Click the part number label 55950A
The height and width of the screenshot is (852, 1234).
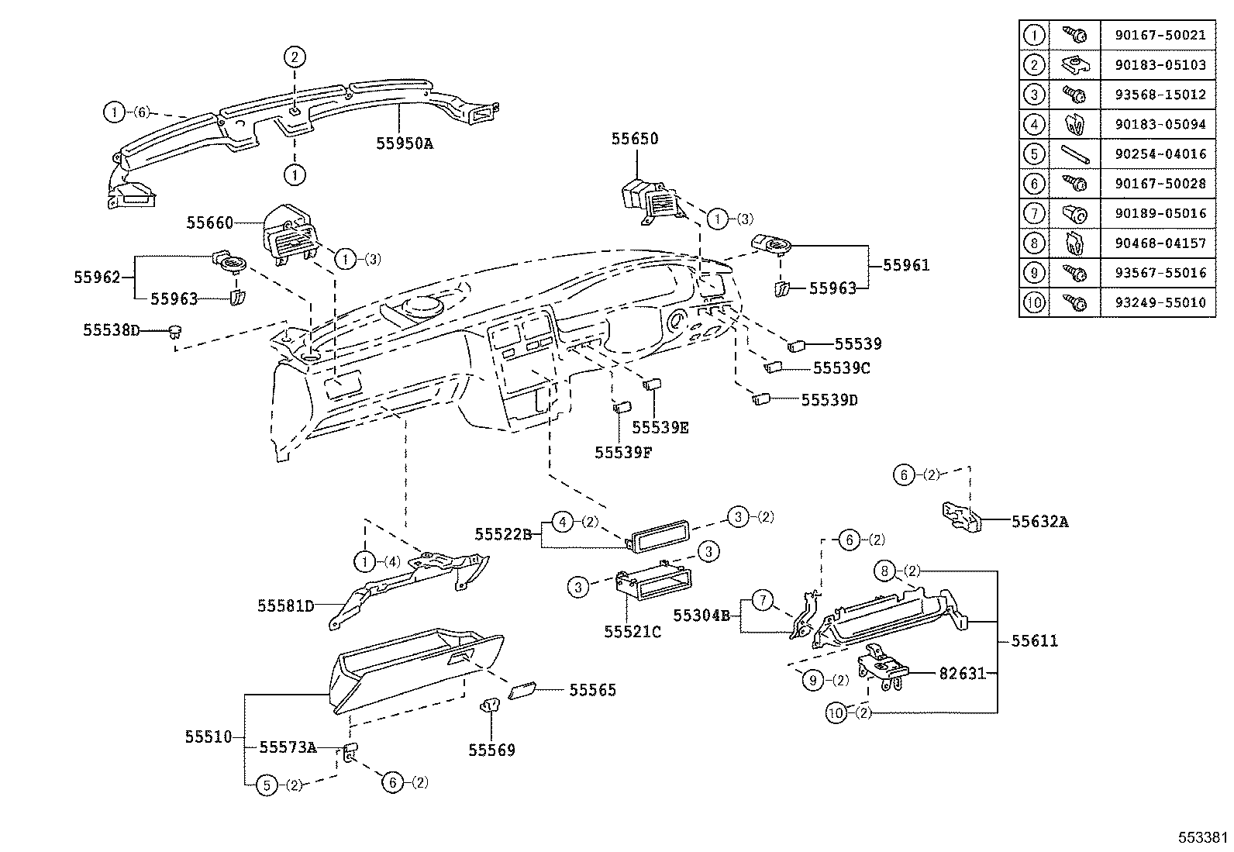[x=404, y=143]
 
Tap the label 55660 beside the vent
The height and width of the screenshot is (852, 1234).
[x=209, y=223]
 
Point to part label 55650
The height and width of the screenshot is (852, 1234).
[x=635, y=139]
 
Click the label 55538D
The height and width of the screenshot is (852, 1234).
[x=112, y=330]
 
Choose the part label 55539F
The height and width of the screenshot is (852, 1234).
[x=622, y=452]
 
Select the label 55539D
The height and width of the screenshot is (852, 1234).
[x=829, y=400]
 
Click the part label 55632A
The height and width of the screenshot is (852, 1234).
[x=1039, y=522]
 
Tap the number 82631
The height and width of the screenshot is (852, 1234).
[x=962, y=674]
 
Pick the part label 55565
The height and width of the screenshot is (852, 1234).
[x=592, y=690]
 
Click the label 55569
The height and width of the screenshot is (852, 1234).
[x=491, y=750]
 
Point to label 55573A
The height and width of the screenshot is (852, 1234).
[x=288, y=747]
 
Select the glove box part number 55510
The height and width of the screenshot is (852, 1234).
[x=208, y=736]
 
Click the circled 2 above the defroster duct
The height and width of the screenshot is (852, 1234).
[x=294, y=57]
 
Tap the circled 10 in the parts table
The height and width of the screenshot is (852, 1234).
[x=1033, y=302]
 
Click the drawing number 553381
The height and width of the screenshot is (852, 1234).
[x=1203, y=837]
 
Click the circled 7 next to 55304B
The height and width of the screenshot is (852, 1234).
[x=763, y=600]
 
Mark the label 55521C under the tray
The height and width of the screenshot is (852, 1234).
[x=633, y=632]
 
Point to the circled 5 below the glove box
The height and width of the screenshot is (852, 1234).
[x=267, y=785]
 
